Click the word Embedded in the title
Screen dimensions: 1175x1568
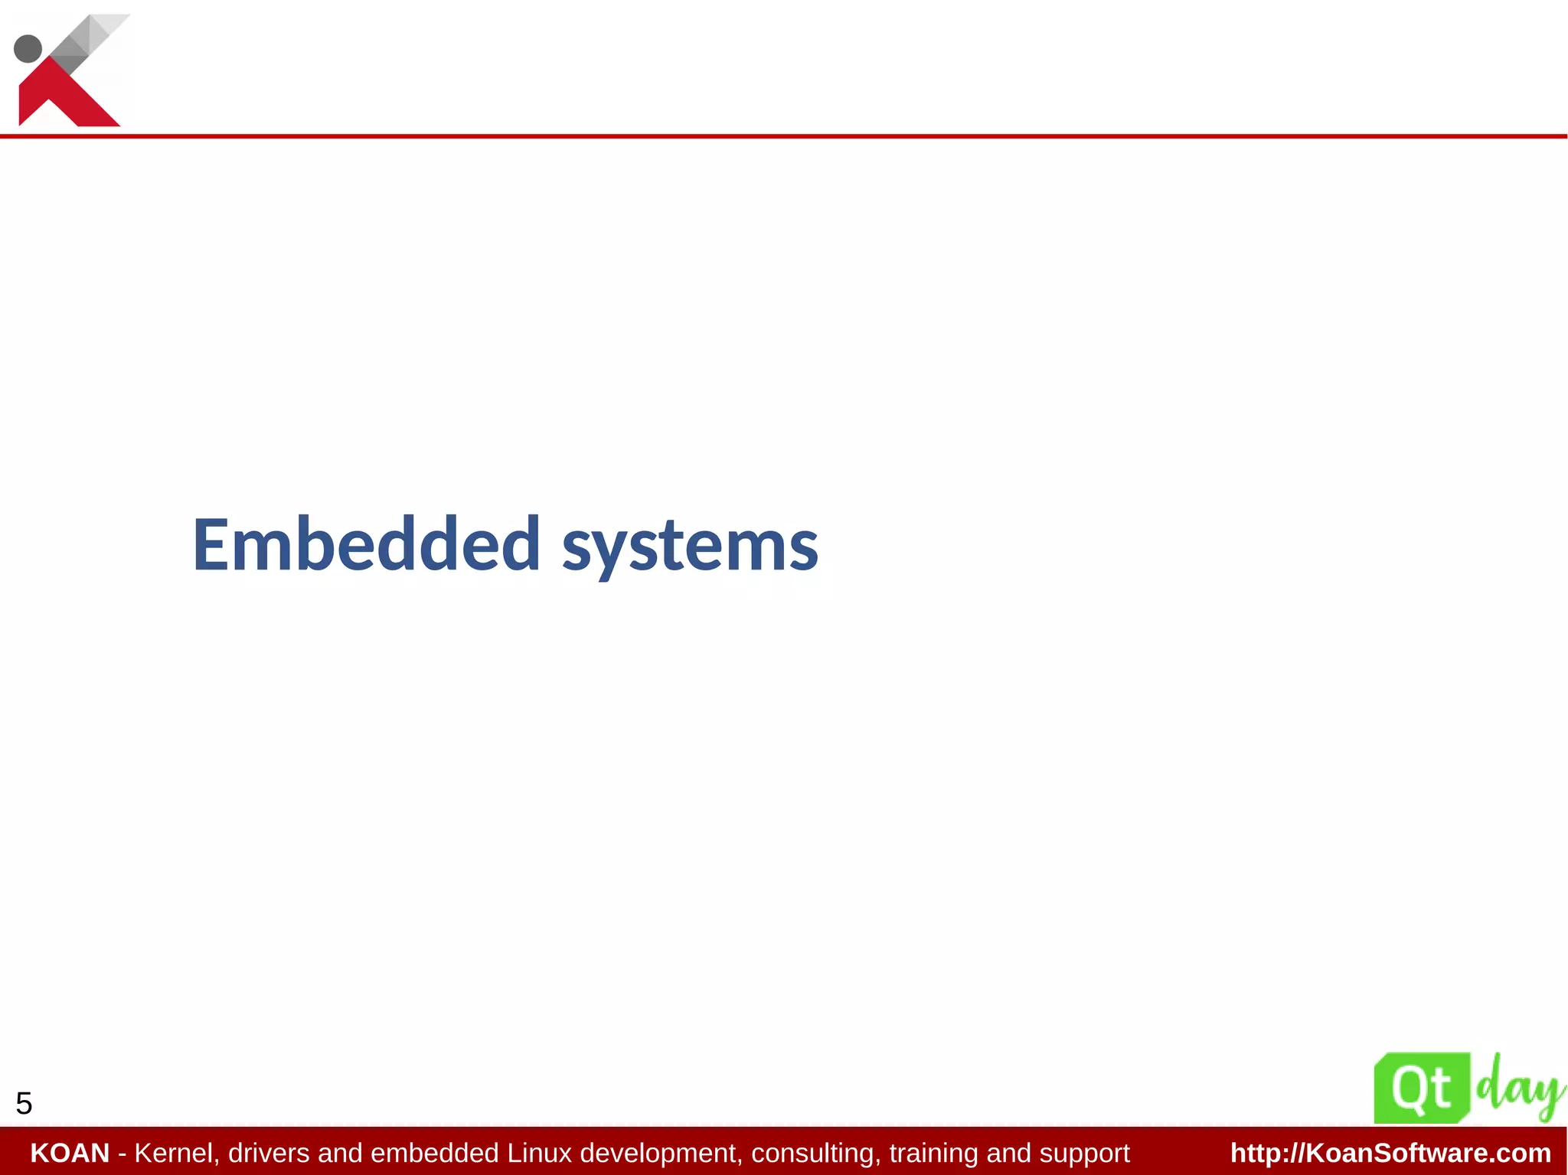366,544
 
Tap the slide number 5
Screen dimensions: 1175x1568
24,1104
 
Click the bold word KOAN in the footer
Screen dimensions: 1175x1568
70,1153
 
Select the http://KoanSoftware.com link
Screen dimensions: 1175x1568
1390,1153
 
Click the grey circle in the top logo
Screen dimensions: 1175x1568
28,48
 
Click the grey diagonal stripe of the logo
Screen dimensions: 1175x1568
88,42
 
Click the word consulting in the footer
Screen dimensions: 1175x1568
816,1153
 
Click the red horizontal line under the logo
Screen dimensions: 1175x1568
784,136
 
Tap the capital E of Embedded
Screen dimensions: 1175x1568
211,544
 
